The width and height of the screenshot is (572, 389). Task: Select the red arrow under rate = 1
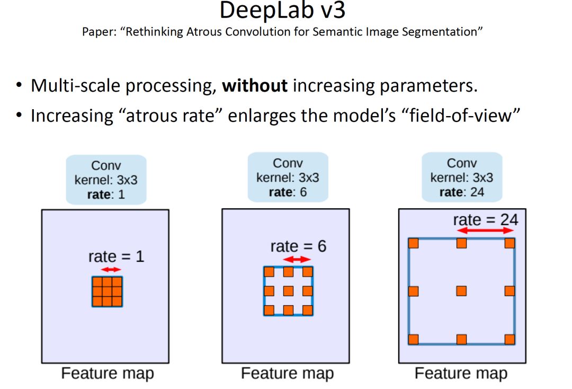click(x=111, y=270)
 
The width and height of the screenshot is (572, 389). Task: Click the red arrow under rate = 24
click(x=486, y=231)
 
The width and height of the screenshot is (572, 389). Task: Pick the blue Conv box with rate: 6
click(x=288, y=177)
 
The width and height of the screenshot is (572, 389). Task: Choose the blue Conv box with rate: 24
click(x=462, y=177)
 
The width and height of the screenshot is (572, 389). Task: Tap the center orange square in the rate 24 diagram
click(x=461, y=291)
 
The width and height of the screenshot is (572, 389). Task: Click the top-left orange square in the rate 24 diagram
click(x=414, y=243)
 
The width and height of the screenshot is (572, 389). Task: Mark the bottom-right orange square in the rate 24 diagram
click(x=510, y=339)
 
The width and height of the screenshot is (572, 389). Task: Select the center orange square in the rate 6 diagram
click(x=288, y=291)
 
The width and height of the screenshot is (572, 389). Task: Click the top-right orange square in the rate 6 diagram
click(x=307, y=272)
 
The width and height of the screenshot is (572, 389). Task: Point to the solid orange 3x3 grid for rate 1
click(x=107, y=291)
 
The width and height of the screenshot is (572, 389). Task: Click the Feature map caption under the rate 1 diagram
click(x=108, y=373)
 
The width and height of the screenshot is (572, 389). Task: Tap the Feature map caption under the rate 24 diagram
click(x=461, y=373)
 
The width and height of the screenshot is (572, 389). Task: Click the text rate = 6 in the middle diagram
click(x=298, y=246)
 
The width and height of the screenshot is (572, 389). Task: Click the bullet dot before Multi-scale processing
click(x=20, y=85)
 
